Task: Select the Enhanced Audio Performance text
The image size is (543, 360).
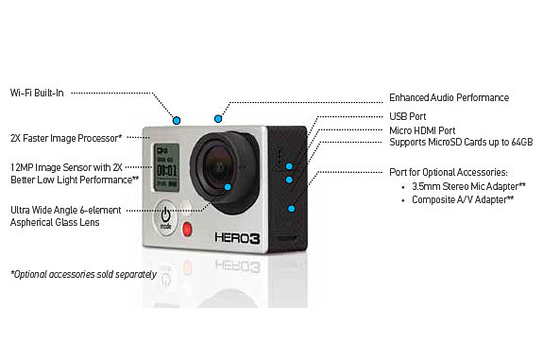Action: coord(449,97)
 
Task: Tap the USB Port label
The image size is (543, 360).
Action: coord(408,117)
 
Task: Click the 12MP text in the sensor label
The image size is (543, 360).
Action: coord(22,166)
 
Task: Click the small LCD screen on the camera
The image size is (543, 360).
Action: coord(166,158)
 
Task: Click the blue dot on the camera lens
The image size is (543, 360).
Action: coord(227,186)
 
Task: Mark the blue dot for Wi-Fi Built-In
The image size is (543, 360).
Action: coord(177,119)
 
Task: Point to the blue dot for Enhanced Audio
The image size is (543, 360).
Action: coord(218,118)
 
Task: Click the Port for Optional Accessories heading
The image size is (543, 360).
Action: coord(449,172)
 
